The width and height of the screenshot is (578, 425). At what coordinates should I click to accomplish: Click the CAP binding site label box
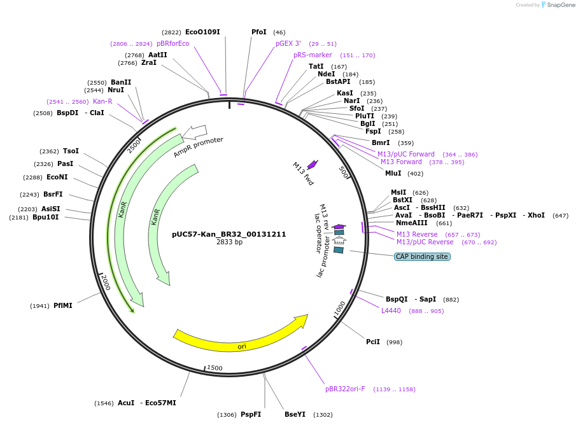point(422,256)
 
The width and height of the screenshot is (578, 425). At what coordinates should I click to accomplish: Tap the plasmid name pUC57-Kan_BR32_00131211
point(229,234)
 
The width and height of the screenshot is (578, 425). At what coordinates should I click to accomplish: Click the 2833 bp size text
point(229,242)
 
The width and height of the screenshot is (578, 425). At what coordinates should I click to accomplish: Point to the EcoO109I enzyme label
point(202,32)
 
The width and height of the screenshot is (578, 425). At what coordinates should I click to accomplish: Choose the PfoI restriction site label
point(259,32)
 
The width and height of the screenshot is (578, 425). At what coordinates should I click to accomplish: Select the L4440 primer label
point(391,310)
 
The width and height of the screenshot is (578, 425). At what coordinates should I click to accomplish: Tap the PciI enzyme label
point(373,342)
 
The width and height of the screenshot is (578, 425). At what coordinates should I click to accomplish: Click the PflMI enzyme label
point(63,305)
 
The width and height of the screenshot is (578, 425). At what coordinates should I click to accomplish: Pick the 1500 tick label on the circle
point(215,368)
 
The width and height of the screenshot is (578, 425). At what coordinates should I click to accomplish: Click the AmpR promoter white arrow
point(195,132)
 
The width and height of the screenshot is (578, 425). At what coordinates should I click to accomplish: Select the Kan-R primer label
point(102,101)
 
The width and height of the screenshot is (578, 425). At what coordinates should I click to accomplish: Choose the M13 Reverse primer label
point(417,234)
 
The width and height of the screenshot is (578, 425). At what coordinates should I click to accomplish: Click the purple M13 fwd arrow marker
point(312,165)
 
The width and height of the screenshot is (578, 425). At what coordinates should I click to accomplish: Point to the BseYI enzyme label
point(295,414)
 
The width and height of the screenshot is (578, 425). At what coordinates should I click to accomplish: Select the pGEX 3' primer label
point(288,43)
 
